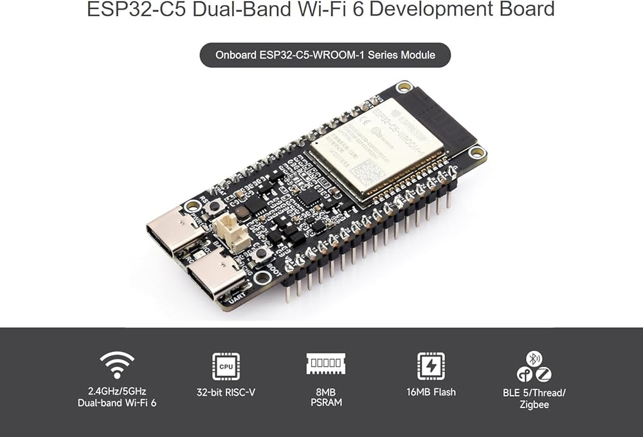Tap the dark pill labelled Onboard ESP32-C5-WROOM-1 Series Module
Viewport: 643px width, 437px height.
(325, 55)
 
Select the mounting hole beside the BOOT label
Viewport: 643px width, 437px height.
(262, 278)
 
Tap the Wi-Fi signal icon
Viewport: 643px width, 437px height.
(117, 365)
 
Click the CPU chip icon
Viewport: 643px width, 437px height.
(226, 366)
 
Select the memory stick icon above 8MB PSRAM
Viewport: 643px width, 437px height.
(325, 364)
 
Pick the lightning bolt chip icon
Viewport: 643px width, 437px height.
(430, 366)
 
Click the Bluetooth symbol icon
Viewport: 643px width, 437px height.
(534, 358)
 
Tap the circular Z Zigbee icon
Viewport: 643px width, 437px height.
(544, 374)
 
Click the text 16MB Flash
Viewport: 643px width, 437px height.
(430, 391)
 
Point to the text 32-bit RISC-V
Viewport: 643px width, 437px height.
(226, 391)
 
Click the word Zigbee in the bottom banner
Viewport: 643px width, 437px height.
(534, 404)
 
